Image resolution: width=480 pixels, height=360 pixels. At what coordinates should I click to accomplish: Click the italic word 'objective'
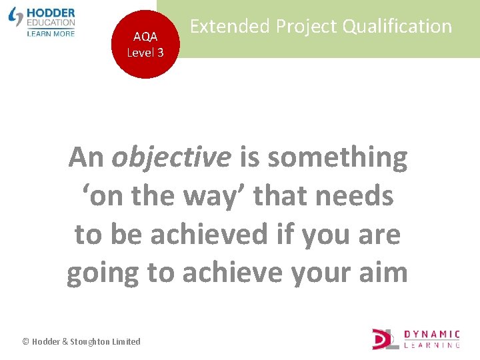[171, 158]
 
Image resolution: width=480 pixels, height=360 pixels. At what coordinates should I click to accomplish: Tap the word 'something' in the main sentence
[337, 158]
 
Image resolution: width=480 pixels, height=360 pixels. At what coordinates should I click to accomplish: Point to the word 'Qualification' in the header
[399, 27]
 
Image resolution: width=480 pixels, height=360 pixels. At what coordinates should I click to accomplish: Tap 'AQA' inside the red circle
[145, 37]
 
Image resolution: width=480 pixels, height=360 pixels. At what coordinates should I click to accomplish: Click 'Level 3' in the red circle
[145, 52]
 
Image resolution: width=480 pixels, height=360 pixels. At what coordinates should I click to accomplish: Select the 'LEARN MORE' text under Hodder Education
[51, 33]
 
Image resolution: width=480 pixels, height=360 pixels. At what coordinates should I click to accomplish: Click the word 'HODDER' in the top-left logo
[51, 13]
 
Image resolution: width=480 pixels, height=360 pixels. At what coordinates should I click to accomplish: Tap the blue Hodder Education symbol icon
[16, 17]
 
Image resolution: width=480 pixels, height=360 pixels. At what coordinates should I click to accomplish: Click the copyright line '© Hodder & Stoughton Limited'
[81, 341]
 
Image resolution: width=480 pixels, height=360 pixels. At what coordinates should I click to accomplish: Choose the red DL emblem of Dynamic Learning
[385, 339]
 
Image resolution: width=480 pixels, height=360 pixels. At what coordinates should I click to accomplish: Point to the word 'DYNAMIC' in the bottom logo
[433, 334]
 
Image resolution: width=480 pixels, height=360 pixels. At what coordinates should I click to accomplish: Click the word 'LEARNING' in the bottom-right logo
[433, 345]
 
